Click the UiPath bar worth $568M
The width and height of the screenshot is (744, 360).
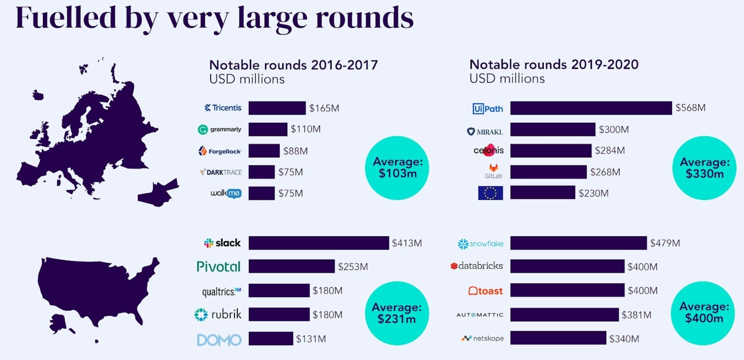coord(591,108)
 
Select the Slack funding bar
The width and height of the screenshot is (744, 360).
coord(319,243)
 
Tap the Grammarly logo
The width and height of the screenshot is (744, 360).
coord(220,129)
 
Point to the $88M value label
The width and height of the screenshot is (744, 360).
coord(295,151)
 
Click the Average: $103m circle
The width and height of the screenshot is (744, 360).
coord(397,168)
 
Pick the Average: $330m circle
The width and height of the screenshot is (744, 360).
coord(704,168)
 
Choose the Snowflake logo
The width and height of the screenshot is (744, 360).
coord(480,244)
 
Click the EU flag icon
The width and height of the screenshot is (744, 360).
coord(490,193)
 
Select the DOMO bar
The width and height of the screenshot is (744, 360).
coord(271,338)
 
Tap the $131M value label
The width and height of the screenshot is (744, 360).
coord(311,339)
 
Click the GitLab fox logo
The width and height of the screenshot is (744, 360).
coord(493,168)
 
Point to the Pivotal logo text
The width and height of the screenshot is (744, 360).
coord(219,266)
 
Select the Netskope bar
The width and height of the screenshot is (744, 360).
coord(558,338)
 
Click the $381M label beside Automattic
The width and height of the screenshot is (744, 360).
coord(636,315)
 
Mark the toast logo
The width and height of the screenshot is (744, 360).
coord(485,291)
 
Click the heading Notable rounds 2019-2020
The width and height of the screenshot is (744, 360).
coord(554,64)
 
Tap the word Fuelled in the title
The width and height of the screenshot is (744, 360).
coord(66,18)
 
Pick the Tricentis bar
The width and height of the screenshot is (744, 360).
coord(277,108)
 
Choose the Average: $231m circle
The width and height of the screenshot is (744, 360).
coord(397,313)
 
